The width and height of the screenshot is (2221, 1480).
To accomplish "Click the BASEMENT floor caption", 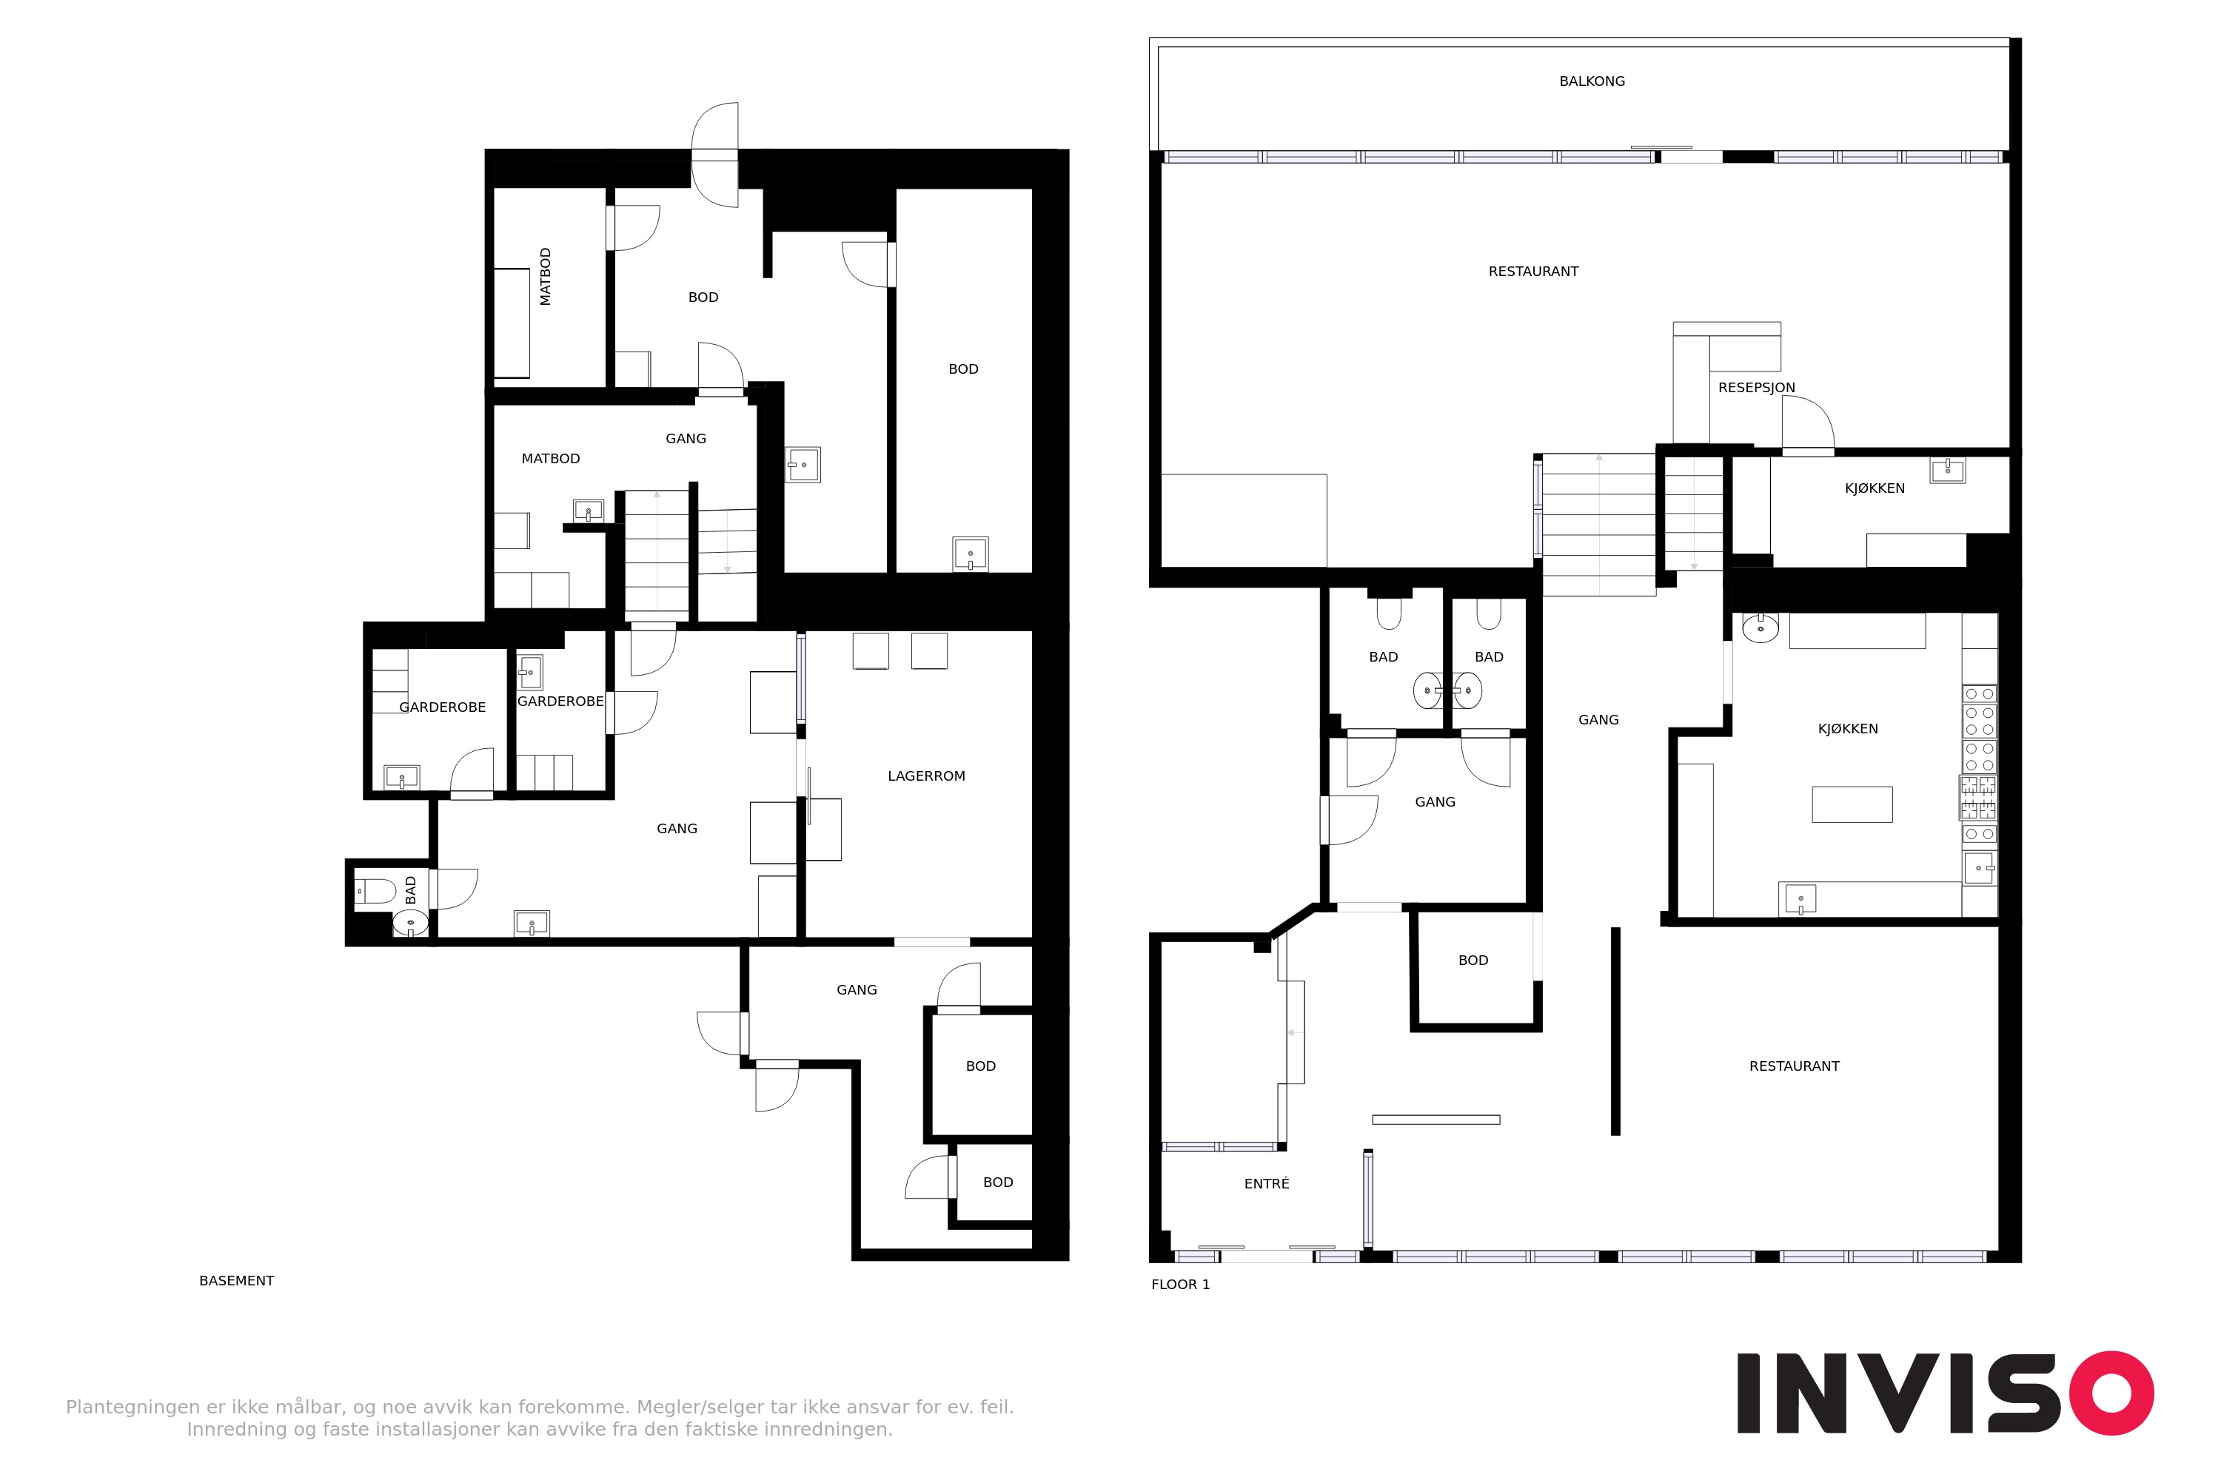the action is tap(236, 1281).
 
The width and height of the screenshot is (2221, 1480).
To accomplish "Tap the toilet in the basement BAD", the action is tap(374, 890).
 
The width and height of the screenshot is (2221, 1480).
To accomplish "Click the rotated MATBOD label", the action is tap(545, 277).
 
